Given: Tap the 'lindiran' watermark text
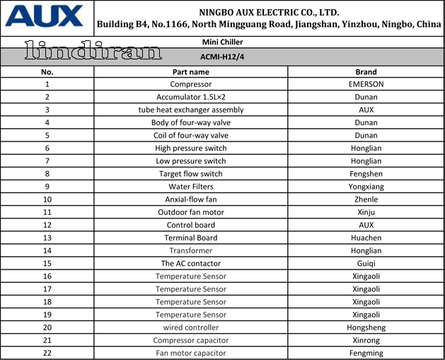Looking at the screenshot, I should (93, 52).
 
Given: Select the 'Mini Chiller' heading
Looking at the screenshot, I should (222, 42).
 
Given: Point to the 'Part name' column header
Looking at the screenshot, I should (191, 71).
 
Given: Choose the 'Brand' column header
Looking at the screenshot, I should (366, 71).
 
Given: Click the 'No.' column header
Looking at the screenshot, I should (47, 71).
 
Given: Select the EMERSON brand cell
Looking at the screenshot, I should (366, 84).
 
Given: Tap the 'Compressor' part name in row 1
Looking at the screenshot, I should (191, 84).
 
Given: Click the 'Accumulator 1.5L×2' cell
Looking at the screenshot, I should (191, 97).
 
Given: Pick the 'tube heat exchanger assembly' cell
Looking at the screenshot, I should (191, 110).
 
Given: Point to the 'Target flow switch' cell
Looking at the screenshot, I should (191, 174).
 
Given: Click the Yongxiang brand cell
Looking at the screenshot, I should (366, 187).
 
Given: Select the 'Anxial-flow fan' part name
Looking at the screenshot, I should (191, 199).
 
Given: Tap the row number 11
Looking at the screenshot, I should (47, 212).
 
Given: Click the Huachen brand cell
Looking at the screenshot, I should (366, 238).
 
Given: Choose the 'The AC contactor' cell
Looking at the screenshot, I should (191, 263).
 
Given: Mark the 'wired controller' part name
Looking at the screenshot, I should (191, 327).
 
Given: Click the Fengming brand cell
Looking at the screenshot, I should (366, 353).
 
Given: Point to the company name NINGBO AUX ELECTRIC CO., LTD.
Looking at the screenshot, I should (269, 12).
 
